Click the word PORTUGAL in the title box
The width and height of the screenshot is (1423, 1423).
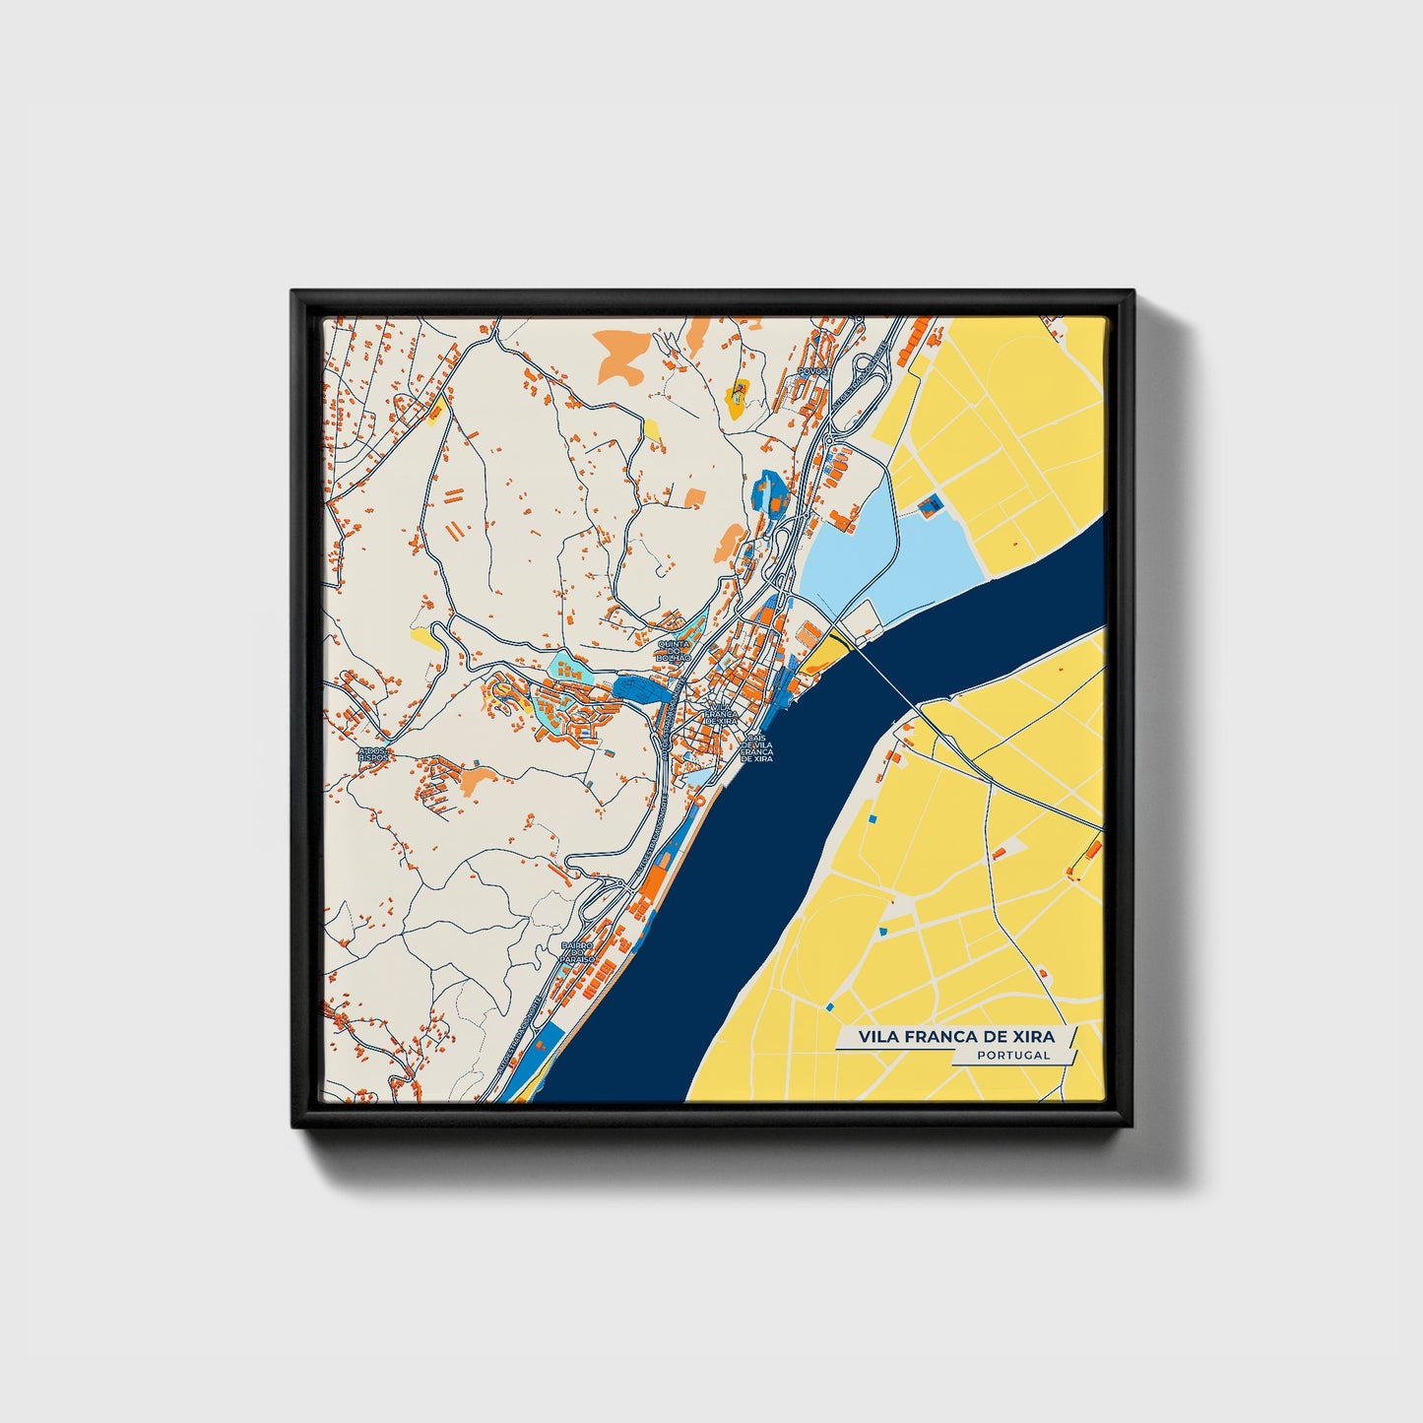(x=1013, y=1055)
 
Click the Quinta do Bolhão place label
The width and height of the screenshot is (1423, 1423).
(x=676, y=650)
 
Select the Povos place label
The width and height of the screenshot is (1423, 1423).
(x=813, y=371)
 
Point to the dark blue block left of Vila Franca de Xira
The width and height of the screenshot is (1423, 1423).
(x=640, y=687)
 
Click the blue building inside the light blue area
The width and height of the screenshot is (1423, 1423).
(x=930, y=505)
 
